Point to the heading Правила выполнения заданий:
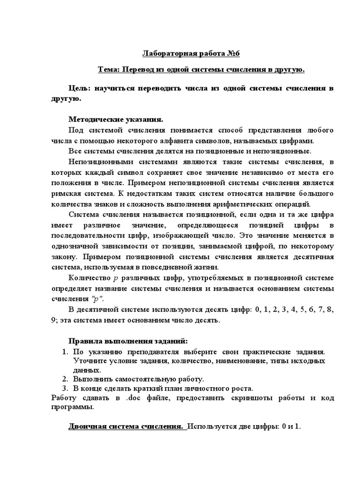128,341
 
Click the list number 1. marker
65,352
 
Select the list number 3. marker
65,389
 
